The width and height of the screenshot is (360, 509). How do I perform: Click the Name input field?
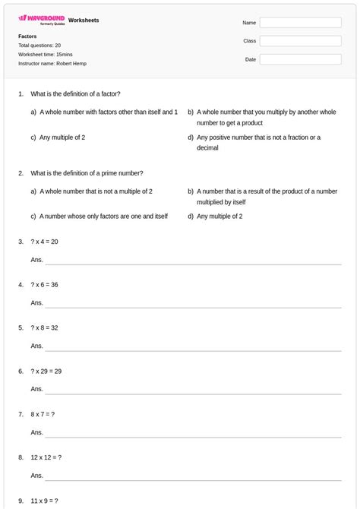point(300,23)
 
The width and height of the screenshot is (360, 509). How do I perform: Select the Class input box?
point(300,41)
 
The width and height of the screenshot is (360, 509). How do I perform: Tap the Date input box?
point(300,59)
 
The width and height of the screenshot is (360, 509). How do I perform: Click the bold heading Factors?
point(27,36)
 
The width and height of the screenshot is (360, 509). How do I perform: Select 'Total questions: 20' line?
point(39,46)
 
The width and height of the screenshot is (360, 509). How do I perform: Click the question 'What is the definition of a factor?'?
point(75,94)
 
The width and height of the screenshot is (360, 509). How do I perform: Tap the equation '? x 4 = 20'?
point(45,242)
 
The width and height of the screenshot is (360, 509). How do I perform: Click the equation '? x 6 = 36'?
point(45,285)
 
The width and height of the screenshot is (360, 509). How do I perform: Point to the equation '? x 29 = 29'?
point(46,371)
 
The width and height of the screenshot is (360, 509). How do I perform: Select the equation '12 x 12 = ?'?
point(46,458)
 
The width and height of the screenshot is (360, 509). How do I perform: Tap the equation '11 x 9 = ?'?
point(45,501)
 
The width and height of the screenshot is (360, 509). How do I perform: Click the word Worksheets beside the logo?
point(84,21)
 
